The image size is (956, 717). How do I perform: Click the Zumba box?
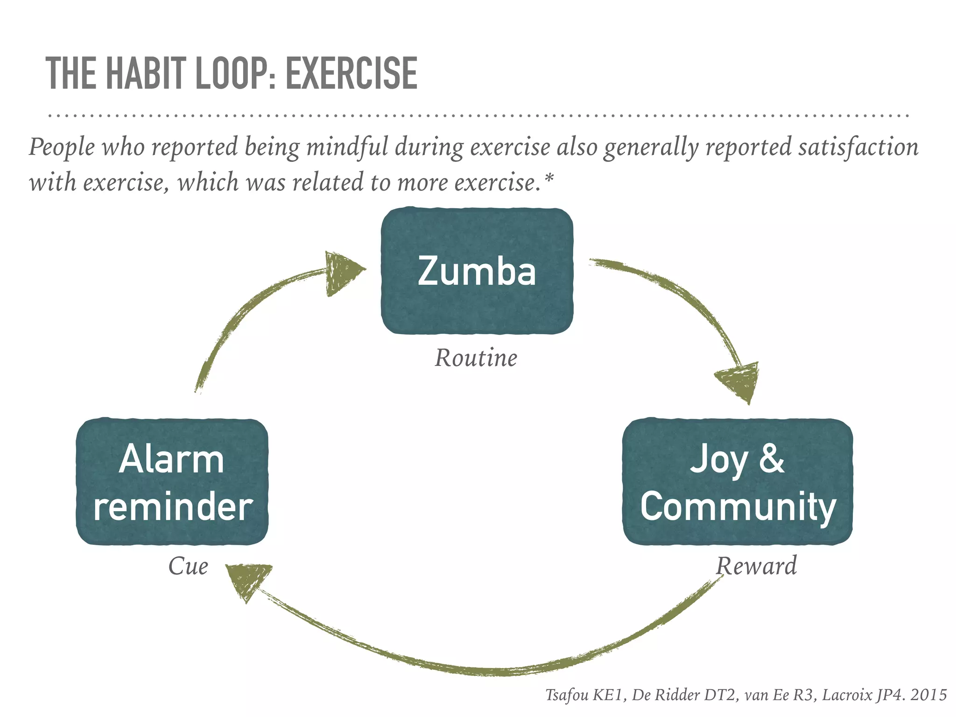pos(477,271)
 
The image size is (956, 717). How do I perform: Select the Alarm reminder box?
pos(172,482)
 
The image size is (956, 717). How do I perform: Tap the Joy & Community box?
pos(738,482)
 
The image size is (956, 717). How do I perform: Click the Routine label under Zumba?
pos(476,358)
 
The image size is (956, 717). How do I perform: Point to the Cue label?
pos(188,566)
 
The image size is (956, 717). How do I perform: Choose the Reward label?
pos(756,566)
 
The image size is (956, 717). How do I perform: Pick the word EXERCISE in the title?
pos(351,73)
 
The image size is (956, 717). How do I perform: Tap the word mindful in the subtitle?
pos(347,147)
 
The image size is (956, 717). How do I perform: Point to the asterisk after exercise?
pos(549,178)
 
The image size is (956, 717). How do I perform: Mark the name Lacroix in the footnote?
pos(847,695)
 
